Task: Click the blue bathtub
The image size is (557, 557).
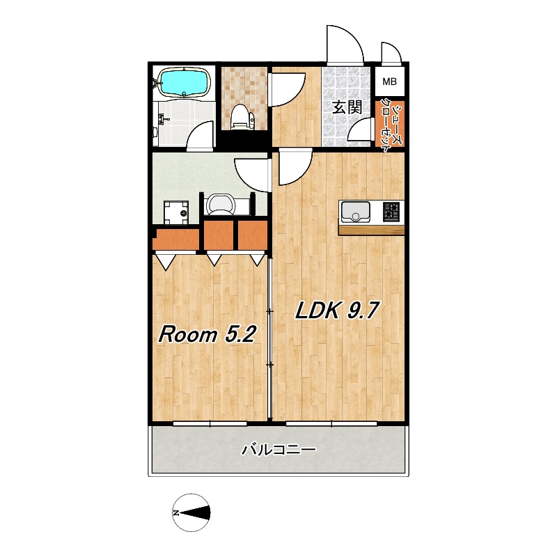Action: (x=183, y=82)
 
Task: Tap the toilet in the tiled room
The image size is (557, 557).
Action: (x=242, y=116)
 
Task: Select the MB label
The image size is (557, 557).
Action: (x=389, y=81)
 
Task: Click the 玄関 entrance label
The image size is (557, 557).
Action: (x=347, y=107)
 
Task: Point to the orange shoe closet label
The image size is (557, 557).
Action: (x=390, y=125)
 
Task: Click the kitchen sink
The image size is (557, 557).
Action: (x=355, y=212)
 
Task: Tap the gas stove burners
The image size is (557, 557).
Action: (x=391, y=210)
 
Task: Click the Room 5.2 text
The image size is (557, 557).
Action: (x=207, y=334)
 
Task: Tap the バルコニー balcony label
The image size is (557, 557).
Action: (x=278, y=450)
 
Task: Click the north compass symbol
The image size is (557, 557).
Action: (x=191, y=512)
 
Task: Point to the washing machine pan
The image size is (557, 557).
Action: (x=176, y=212)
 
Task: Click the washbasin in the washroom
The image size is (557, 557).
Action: (x=220, y=204)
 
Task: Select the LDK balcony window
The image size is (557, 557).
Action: (x=331, y=423)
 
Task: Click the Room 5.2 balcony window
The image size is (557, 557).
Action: (x=210, y=423)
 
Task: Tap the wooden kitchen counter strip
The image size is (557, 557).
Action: (x=371, y=230)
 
